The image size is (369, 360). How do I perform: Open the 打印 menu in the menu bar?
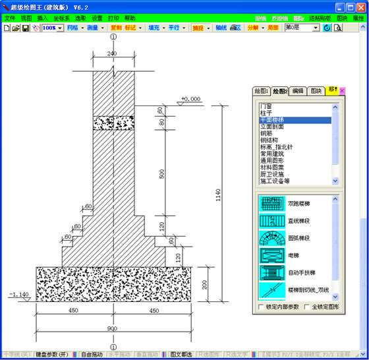pos(114,18)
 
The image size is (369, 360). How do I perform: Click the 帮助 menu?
pos(130,18)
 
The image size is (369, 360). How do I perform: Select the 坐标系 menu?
pos(61,18)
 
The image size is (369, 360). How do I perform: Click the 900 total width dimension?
pos(113,328)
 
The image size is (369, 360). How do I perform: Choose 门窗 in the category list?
pos(266,105)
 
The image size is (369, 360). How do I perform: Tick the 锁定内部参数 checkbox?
pos(261,307)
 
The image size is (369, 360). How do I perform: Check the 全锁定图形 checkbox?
pos(307,307)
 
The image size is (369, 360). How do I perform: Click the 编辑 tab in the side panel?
pos(298,91)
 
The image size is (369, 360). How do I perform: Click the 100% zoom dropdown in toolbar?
pos(53,28)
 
